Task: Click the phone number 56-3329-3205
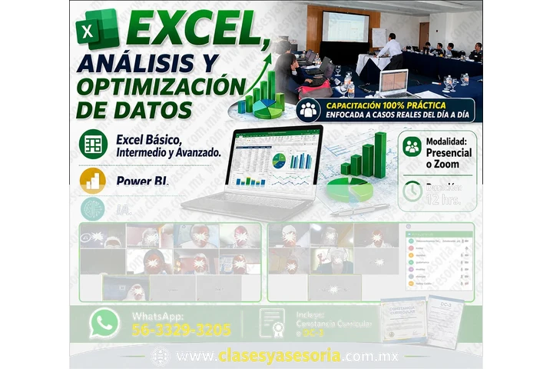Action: coord(181,331)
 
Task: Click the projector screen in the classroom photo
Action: coord(345,26)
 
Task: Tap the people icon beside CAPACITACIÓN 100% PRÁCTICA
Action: coord(309,108)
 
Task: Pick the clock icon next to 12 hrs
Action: coord(413,191)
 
